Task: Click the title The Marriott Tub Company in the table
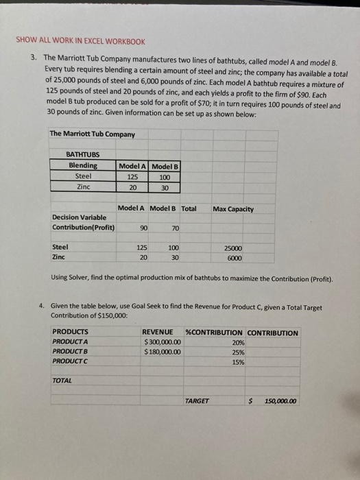(x=82, y=134)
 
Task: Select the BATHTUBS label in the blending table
(x=82, y=156)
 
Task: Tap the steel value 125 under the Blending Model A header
(x=133, y=176)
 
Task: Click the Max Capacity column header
(x=233, y=208)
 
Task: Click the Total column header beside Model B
(x=189, y=208)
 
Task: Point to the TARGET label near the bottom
(x=197, y=401)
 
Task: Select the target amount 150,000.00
(x=280, y=401)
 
